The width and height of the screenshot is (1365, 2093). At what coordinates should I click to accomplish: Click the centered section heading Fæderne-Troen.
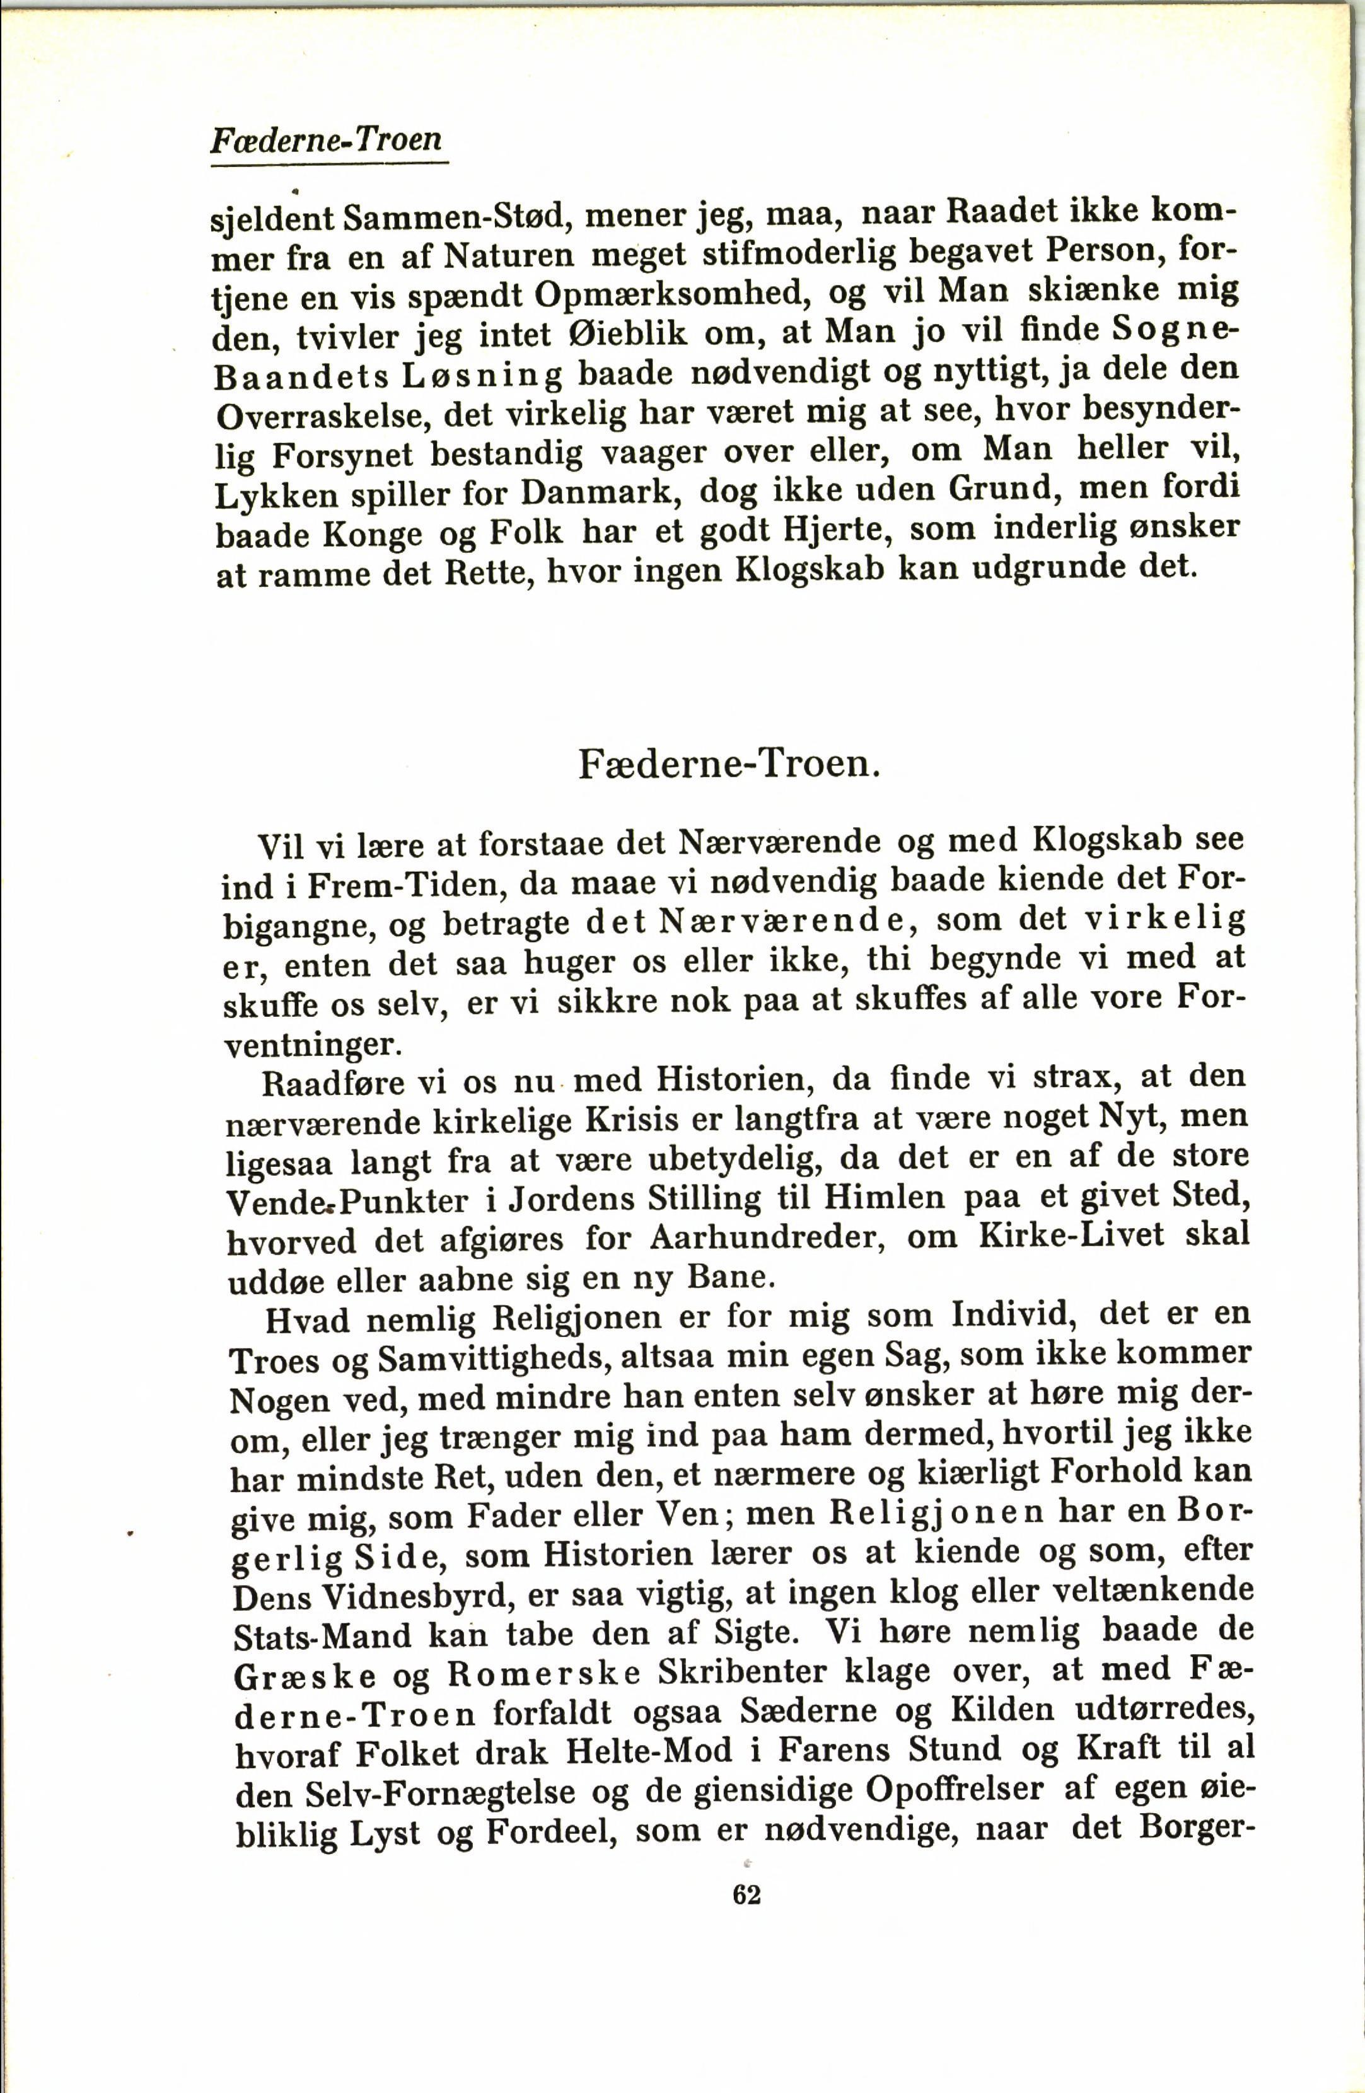coord(729,763)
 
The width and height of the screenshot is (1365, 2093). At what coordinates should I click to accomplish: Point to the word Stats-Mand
coord(321,1637)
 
